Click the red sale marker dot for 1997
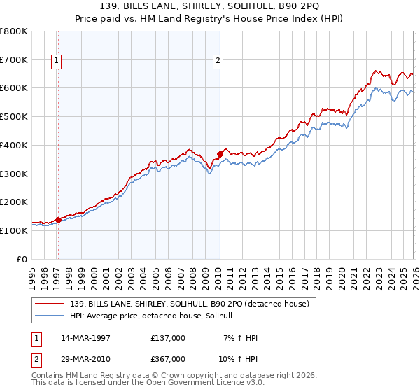58,220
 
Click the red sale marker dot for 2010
220,154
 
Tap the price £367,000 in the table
168,358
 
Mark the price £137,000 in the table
168,338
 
